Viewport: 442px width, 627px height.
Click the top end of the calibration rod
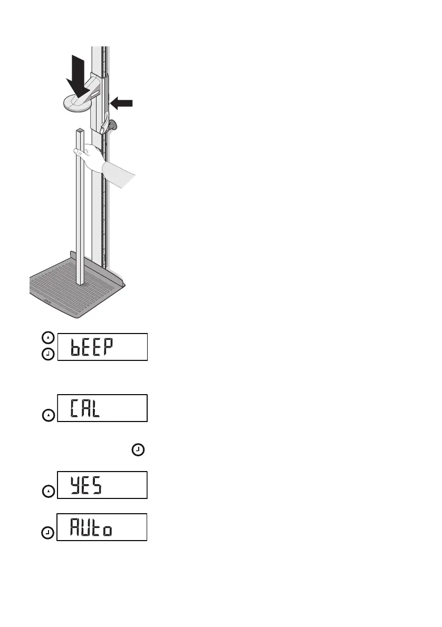(x=80, y=130)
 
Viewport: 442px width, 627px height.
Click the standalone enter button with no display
(x=137, y=450)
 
